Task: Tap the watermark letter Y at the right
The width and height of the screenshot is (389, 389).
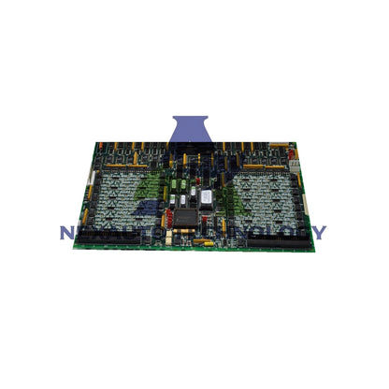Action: [x=319, y=232]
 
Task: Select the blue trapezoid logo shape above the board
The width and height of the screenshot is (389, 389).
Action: [x=194, y=132]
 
